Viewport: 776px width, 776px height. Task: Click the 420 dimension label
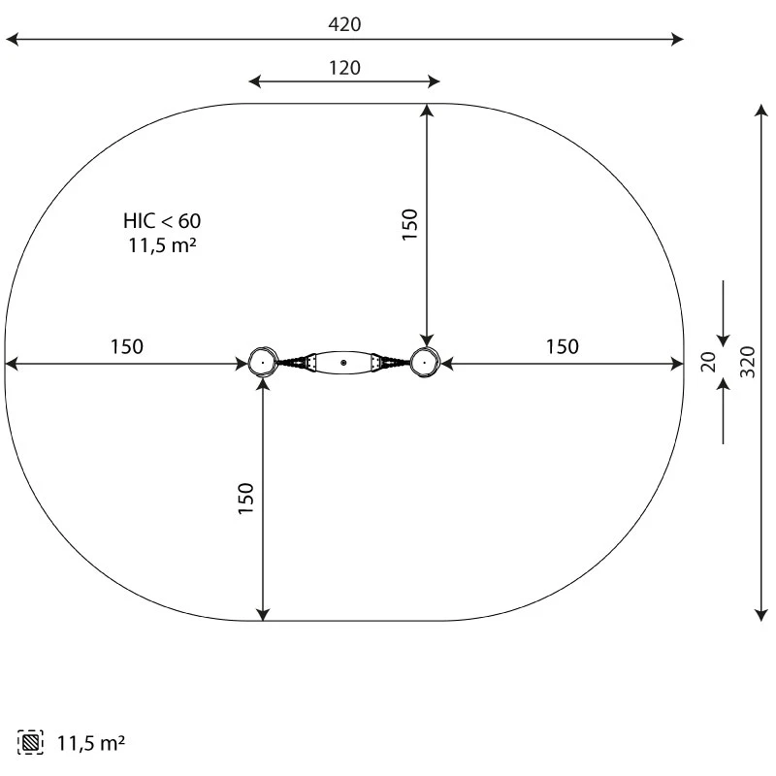(344, 24)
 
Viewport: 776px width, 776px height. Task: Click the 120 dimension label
(344, 68)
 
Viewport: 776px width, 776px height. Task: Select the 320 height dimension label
(747, 362)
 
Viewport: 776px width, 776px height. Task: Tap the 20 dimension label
(709, 362)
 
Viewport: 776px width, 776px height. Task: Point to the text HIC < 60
(162, 221)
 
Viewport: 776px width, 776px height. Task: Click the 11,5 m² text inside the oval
(162, 245)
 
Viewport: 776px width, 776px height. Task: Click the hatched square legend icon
(30, 742)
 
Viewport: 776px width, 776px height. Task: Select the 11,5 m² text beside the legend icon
(91, 743)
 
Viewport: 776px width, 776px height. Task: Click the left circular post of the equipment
(262, 363)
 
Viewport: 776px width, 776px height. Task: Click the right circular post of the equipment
(424, 363)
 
